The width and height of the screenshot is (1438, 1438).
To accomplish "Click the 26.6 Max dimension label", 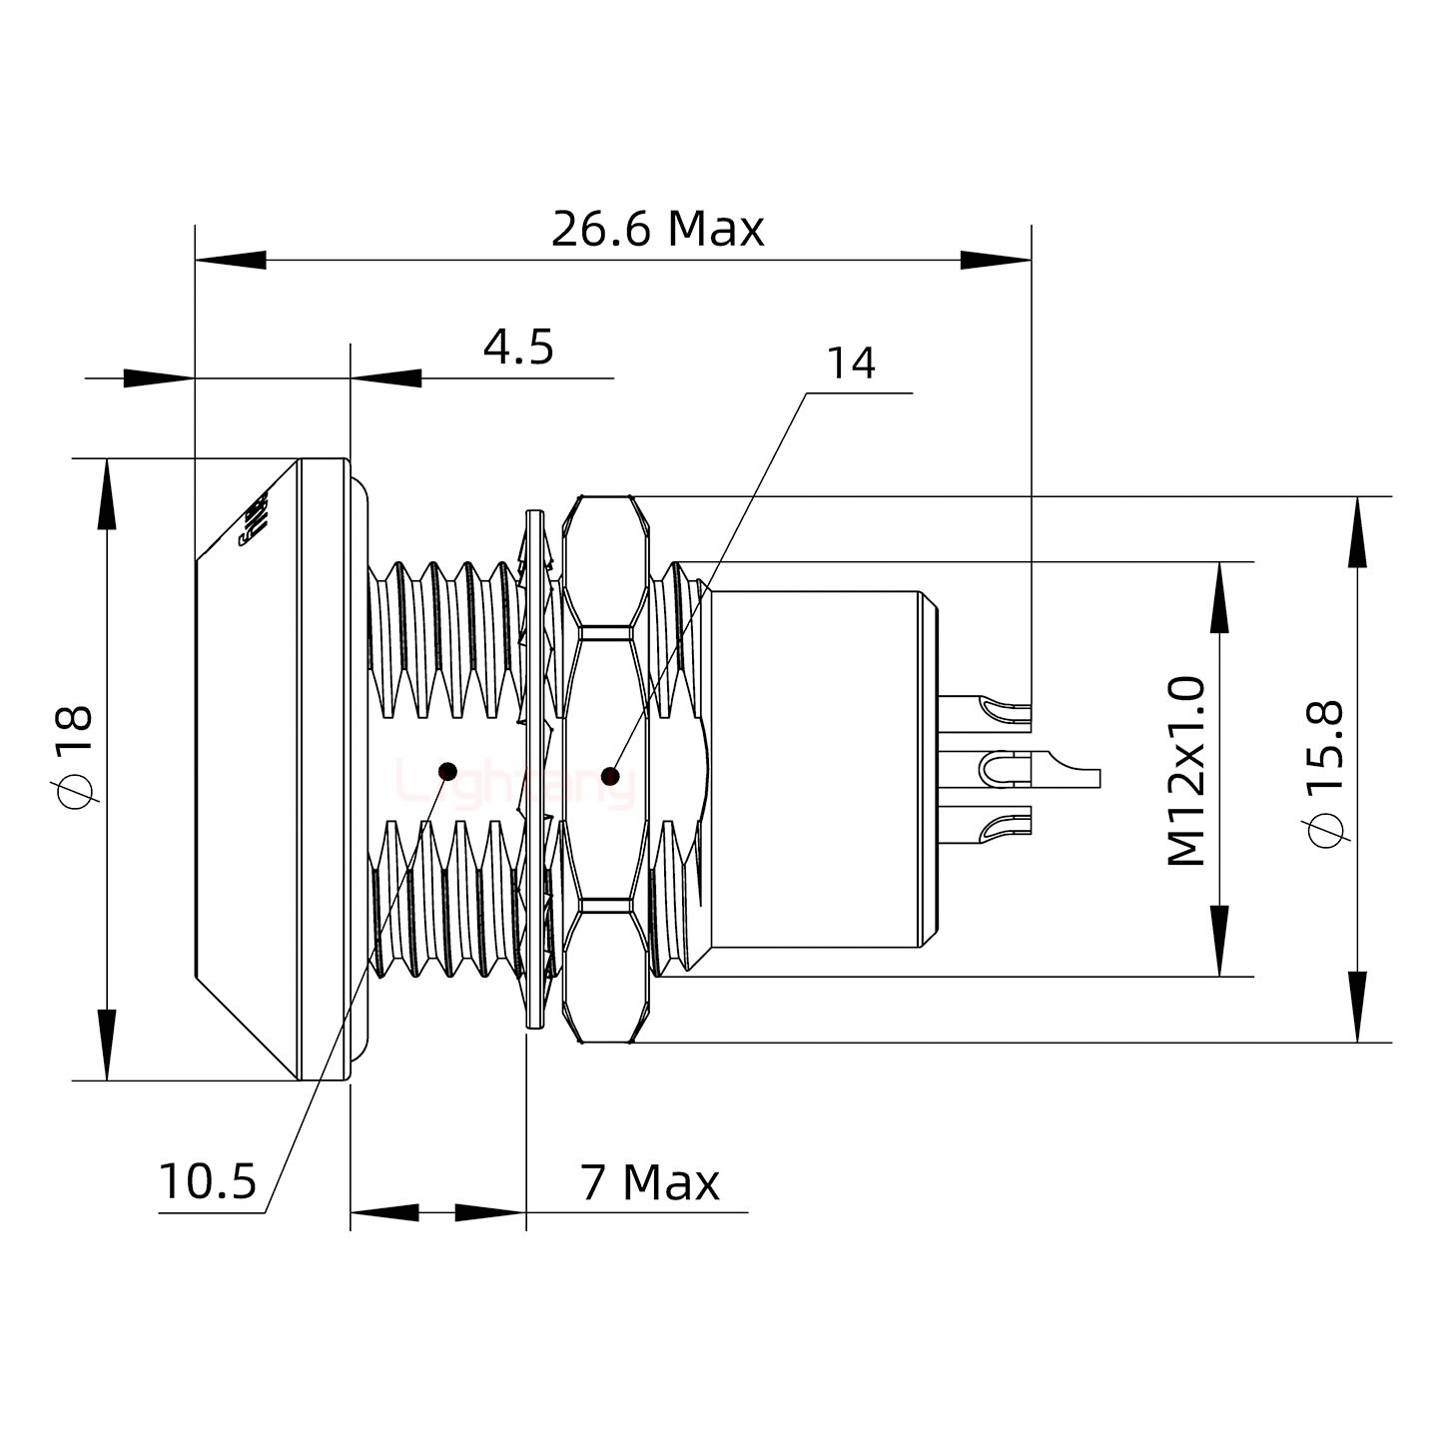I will [x=657, y=230].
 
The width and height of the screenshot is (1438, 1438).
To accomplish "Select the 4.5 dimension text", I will [x=518, y=348].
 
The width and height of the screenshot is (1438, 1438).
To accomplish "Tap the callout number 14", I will [x=851, y=363].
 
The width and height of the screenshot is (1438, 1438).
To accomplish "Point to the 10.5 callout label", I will [x=208, y=1182].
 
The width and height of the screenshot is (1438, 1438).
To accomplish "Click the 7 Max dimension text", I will [x=649, y=1183].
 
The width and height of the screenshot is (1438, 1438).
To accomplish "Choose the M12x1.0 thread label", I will [x=1186, y=770].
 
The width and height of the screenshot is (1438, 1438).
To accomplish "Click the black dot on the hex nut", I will [x=610, y=775].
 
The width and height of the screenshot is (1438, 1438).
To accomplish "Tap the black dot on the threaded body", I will [x=448, y=771].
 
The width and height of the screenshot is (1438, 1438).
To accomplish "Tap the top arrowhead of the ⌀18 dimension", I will [x=106, y=493].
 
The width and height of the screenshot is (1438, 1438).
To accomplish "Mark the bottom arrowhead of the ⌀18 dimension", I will [x=106, y=1045].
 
